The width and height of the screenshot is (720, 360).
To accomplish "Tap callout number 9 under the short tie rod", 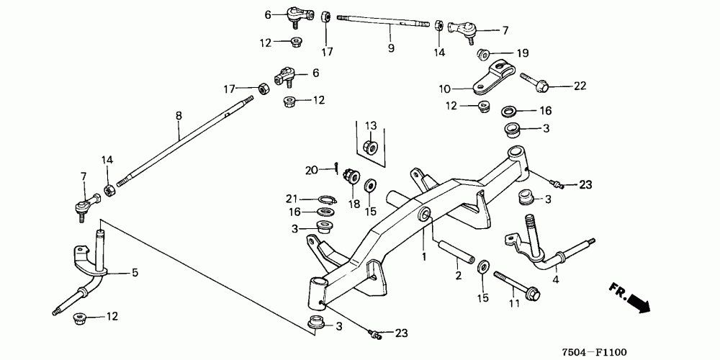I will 391,49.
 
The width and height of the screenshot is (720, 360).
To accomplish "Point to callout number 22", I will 580,86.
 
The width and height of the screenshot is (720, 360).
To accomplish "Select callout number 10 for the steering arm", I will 444,89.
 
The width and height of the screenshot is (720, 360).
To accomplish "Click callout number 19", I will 523,53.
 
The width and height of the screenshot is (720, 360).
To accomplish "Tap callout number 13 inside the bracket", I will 371,125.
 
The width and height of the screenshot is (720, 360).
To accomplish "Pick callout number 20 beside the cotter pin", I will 311,170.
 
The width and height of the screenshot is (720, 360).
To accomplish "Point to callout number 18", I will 354,204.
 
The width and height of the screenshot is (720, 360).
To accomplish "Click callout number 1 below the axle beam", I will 424,256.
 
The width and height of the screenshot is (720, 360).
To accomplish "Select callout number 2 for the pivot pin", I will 458,276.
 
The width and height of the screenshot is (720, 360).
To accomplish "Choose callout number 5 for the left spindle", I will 134,273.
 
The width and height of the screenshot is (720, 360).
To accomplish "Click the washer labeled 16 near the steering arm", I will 508,112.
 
